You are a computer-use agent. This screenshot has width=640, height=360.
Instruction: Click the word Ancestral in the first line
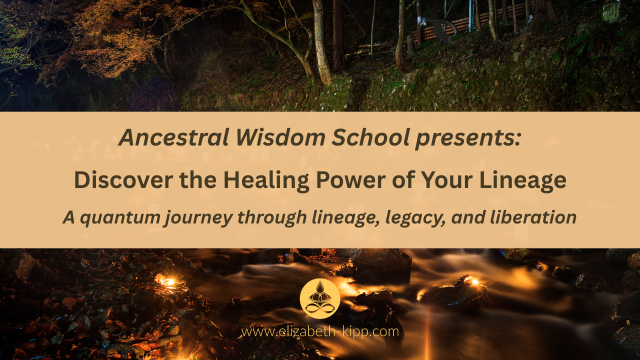point(173,137)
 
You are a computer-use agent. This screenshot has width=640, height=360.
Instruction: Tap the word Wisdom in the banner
point(280,137)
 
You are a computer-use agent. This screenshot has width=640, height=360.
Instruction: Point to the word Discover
point(123,180)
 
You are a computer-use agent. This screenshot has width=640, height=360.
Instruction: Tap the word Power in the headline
point(351,180)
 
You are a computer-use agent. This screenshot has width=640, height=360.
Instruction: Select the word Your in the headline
point(447,180)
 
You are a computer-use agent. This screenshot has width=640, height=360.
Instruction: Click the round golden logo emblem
point(320,298)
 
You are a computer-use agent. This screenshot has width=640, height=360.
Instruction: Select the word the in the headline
point(198,180)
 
